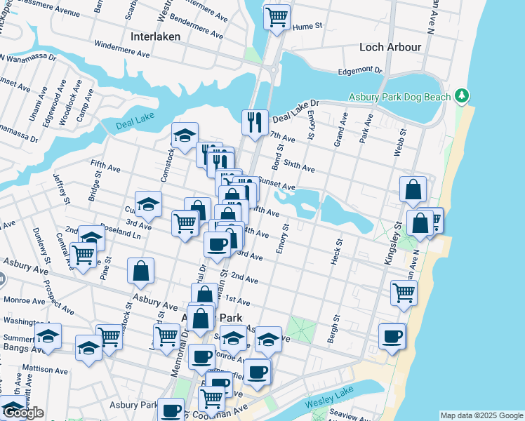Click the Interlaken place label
[155, 36]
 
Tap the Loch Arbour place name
[390, 47]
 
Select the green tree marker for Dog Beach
[461, 95]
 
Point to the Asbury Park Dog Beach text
[399, 96]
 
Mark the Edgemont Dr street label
[360, 70]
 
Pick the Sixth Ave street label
[299, 164]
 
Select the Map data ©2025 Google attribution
[481, 415]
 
